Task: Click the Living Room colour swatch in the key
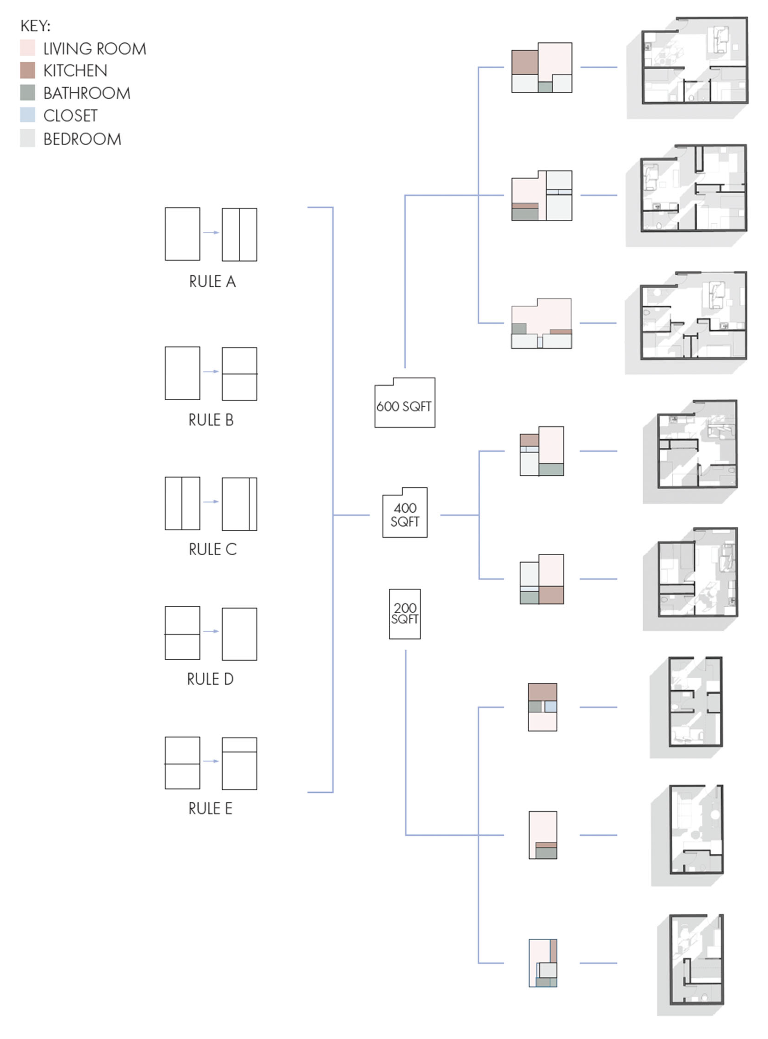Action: [x=27, y=48]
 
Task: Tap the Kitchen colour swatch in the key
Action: [x=27, y=70]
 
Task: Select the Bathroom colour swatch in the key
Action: [x=27, y=93]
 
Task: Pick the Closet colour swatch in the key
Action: [x=27, y=115]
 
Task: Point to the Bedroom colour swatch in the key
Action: [x=27, y=138]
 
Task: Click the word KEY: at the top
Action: [x=35, y=26]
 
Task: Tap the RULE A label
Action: [x=212, y=281]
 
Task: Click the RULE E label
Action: [x=210, y=808]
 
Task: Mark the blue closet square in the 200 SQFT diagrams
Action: [x=550, y=706]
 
